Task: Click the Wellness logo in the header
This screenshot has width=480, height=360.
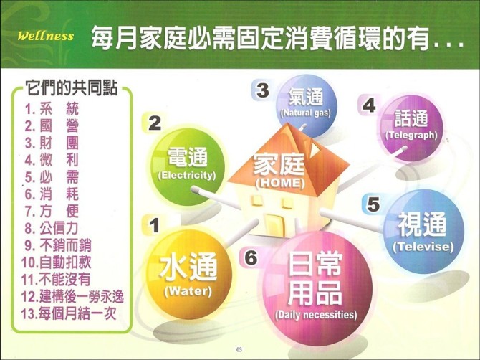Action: pos(46,36)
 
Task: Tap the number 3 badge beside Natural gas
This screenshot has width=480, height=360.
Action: pos(262,90)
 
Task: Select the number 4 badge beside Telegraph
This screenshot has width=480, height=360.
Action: pos(368,105)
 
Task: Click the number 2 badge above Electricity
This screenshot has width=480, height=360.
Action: pos(154,123)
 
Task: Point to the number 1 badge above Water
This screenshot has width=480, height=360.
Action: pos(154,225)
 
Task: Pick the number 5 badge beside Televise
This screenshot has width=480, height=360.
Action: pos(373,204)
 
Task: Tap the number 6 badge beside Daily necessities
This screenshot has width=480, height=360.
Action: pos(251,258)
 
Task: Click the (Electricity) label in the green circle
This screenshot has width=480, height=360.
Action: pos(187,176)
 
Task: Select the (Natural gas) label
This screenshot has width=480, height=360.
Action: pos(305,113)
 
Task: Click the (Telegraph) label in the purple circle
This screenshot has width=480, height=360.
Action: pos(411,135)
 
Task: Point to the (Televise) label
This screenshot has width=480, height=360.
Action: pos(423,247)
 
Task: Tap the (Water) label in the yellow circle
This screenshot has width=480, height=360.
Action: pos(188,290)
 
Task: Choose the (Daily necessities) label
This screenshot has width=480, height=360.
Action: pos(316,315)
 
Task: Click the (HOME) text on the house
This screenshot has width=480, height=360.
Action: pos(280,183)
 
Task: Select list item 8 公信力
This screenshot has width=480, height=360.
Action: pos(51,228)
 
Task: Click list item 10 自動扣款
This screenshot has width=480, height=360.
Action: pos(57,262)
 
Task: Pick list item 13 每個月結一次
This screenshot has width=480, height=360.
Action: pos(69,313)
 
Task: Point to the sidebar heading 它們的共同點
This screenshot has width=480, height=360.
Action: pos(72,88)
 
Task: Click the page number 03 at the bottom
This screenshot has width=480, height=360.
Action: pos(239,349)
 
